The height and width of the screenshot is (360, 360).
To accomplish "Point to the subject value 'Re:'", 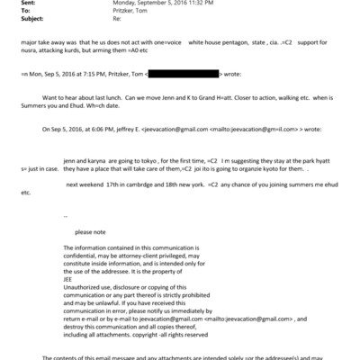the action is pos(117,18).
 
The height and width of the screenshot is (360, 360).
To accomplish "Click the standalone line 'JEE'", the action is pos(70,277).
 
